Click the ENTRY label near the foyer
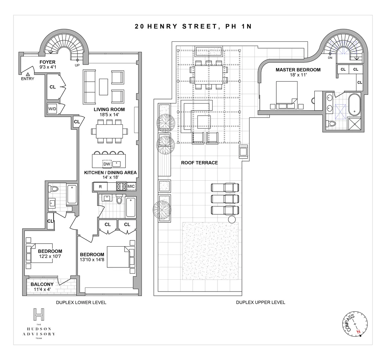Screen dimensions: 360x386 coord(27,79)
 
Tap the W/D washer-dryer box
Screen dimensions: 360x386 coord(52,109)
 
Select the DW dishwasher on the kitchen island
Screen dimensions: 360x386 coord(107,164)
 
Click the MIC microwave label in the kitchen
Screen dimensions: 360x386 coord(131,186)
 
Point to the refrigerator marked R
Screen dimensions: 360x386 coord(100,186)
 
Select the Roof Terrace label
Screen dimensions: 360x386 coord(199,163)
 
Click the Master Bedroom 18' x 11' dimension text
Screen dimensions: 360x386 coord(298,75)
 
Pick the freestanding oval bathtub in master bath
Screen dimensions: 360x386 coord(355,104)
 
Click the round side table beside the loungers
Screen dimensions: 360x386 coord(232,220)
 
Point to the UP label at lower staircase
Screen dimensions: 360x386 coord(77,65)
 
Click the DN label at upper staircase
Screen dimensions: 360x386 coord(330,58)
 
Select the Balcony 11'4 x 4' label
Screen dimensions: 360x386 coord(42,287)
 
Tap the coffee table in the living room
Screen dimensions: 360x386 coord(104,87)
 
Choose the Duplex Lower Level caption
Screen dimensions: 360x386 coord(81,302)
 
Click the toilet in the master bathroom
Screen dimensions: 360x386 coord(331,123)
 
